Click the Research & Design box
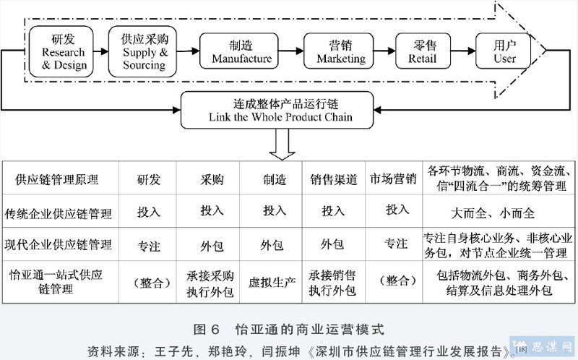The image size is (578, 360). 61,51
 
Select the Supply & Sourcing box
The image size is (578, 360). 142,51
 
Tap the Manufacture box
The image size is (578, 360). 239,51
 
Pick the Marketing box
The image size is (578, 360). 339,51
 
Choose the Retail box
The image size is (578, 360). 423,51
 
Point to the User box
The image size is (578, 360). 503,51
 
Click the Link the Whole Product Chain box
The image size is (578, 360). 277,110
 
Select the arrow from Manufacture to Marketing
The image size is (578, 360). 291,51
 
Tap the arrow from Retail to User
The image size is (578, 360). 463,51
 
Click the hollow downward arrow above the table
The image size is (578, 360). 282,145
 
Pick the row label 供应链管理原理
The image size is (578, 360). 57,179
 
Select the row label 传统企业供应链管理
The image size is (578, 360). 58,213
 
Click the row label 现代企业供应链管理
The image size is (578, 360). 58,244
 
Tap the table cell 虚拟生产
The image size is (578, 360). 272,283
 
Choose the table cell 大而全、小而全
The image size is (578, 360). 493,213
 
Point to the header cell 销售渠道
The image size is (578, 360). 334,179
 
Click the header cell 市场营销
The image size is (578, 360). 393,179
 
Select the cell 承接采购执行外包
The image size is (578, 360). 210,283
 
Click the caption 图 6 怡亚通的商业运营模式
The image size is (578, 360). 289,329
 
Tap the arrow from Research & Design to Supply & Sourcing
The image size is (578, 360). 101,51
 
